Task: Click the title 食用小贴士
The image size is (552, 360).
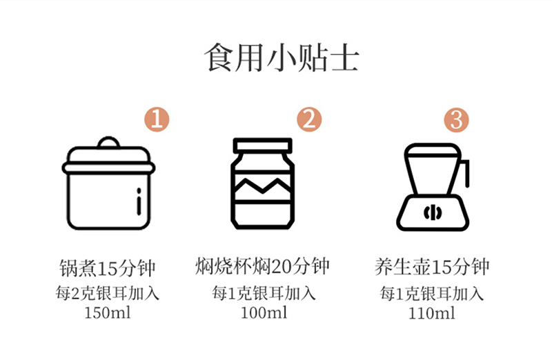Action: pos(282,58)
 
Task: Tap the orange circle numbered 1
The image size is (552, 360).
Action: pos(157,119)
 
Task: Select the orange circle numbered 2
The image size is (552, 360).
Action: pos(309,119)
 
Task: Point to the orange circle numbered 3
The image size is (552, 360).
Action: pos(456,120)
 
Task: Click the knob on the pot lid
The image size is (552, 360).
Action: pos(109,142)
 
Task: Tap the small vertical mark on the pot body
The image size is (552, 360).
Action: pos(139,201)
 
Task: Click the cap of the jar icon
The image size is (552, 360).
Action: pos(263,145)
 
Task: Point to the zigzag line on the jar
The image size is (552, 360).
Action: pos(263,186)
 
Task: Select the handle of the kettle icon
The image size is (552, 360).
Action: pos(464,173)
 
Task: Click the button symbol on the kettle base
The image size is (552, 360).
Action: pos(433,212)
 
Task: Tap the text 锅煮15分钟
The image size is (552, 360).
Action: pos(108,268)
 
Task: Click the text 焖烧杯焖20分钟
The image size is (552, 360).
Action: pos(263,266)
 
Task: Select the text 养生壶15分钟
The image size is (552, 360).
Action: pos(432,267)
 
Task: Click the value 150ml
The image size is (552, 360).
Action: pos(108,312)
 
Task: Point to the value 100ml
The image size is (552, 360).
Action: pos(264,312)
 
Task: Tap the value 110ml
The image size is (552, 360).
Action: pos(432,313)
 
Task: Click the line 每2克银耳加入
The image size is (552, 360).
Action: pos(108,293)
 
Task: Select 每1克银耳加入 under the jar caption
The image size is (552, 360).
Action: pos(264,293)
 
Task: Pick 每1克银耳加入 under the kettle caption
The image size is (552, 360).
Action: pos(432,294)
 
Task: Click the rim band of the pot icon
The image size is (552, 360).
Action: pos(109,168)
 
